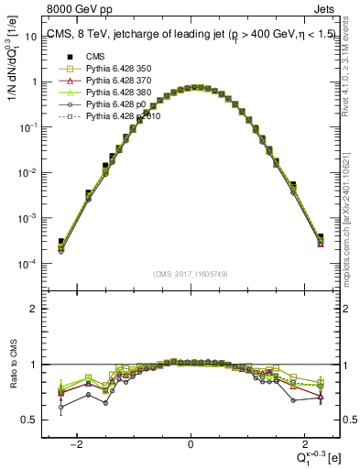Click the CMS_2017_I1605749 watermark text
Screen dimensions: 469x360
191,274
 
